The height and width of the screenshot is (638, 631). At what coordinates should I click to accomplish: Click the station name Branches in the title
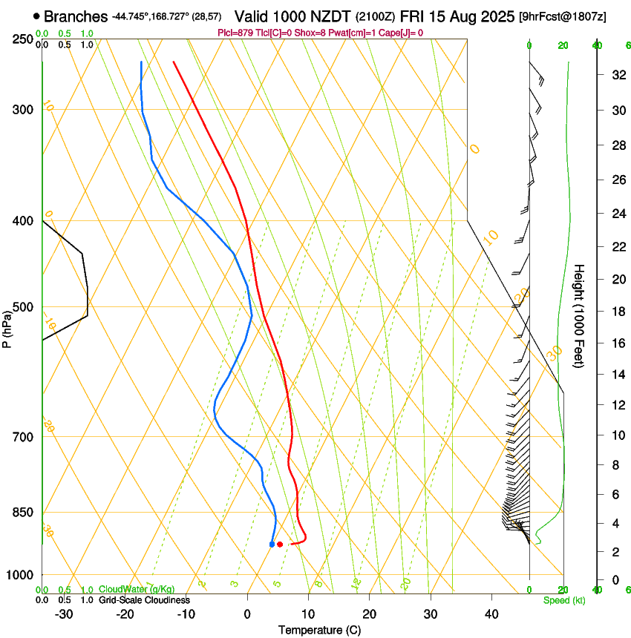(x=76, y=16)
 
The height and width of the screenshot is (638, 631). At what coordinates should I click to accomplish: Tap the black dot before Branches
(x=36, y=16)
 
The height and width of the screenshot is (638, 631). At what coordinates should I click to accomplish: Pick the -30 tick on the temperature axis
(x=64, y=614)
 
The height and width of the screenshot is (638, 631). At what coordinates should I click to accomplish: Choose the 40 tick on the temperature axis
(x=491, y=614)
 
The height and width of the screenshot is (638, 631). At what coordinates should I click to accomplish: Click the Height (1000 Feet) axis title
(x=580, y=315)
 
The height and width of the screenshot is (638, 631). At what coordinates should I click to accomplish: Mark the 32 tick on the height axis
(x=617, y=74)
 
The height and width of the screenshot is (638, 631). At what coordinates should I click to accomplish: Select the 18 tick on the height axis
(x=617, y=311)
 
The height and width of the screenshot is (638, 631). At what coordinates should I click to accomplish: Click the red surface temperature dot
(x=280, y=545)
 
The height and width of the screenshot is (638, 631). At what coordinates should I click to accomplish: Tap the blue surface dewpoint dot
(x=272, y=545)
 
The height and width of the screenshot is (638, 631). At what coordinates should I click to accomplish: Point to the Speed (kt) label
(x=563, y=600)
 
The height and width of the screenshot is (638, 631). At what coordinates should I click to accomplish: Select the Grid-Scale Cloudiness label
(x=144, y=599)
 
